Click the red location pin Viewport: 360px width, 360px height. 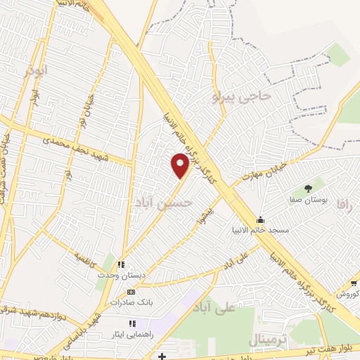181,165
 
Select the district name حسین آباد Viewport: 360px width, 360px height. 162,202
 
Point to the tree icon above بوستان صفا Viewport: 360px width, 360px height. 308,188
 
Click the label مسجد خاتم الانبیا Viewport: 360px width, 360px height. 261,229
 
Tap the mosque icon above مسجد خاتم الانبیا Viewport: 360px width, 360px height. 261,219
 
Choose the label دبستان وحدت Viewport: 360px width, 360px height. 121,276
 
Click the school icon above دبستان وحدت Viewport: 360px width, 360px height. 121,265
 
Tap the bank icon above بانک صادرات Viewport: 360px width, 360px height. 131,292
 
